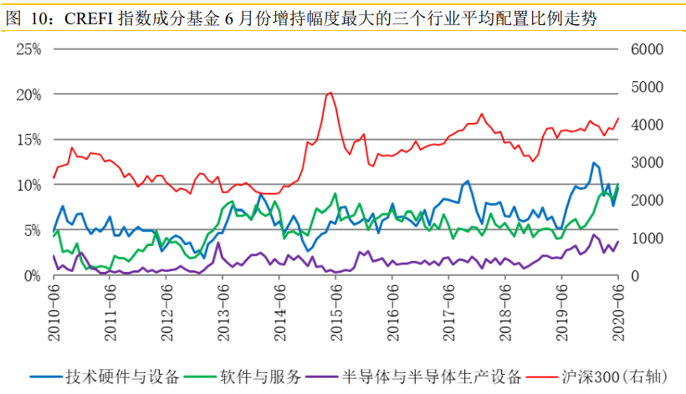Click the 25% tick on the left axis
coord(29,49)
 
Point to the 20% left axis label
coord(29,95)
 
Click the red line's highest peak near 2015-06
coord(330,92)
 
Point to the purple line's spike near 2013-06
coord(218,243)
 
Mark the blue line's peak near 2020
coord(593,163)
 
